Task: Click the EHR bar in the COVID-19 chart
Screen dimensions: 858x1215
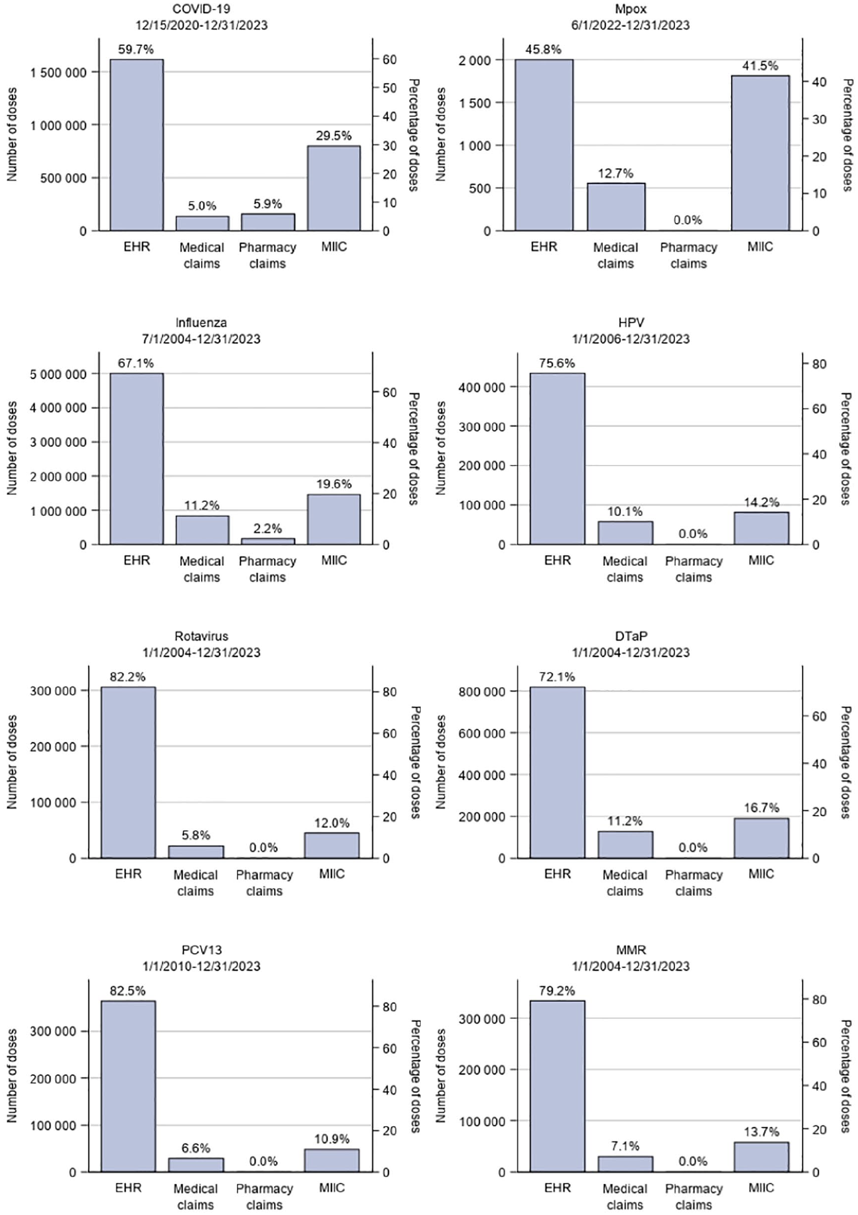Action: pyautogui.click(x=137, y=145)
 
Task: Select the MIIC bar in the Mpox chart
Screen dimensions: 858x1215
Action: pyautogui.click(x=760, y=153)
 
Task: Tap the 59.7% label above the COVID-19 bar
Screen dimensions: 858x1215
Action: pyautogui.click(x=136, y=49)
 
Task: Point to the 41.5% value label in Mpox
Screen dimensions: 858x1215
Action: pyautogui.click(x=760, y=65)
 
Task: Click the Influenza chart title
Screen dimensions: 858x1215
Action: pyautogui.click(x=201, y=322)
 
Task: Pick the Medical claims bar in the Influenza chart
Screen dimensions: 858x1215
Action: pyautogui.click(x=202, y=530)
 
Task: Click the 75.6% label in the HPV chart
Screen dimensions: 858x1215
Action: pyautogui.click(x=557, y=363)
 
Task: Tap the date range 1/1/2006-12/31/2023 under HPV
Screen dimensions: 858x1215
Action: pyautogui.click(x=631, y=339)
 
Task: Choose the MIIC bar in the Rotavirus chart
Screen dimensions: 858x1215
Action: pyautogui.click(x=332, y=845)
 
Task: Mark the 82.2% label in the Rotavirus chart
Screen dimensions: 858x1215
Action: pyautogui.click(x=127, y=677)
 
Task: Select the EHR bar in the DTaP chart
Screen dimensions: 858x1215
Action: pyautogui.click(x=557, y=773)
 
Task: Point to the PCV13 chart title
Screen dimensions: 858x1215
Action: pyautogui.click(x=201, y=950)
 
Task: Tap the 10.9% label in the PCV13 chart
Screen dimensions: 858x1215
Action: pyautogui.click(x=332, y=1139)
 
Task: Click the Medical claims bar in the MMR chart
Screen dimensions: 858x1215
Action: pyautogui.click(x=625, y=1164)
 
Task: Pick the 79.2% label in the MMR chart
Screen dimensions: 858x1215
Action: pyautogui.click(x=557, y=991)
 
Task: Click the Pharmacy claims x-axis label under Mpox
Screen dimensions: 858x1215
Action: pyautogui.click(x=688, y=255)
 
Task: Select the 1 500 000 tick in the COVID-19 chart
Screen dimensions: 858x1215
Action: pyautogui.click(x=58, y=72)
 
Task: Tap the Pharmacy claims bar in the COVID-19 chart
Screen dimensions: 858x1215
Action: pyautogui.click(x=267, y=222)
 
